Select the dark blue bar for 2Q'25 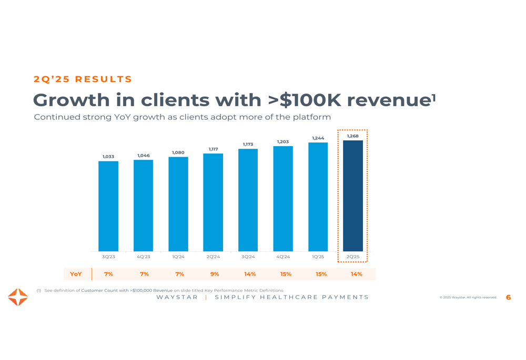352,196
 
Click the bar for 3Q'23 108,206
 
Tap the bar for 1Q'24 178,204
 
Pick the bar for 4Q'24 283,199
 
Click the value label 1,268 352,136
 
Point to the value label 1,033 108,157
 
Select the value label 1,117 213,149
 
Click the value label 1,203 283,142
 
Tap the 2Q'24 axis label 213,257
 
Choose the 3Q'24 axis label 248,257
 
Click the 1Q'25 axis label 318,257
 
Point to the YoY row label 76,274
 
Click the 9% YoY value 215,274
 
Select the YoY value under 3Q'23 108,274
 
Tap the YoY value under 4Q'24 286,274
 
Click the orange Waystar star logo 18,297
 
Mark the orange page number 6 508,297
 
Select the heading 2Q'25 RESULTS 83,79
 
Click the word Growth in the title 72,100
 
